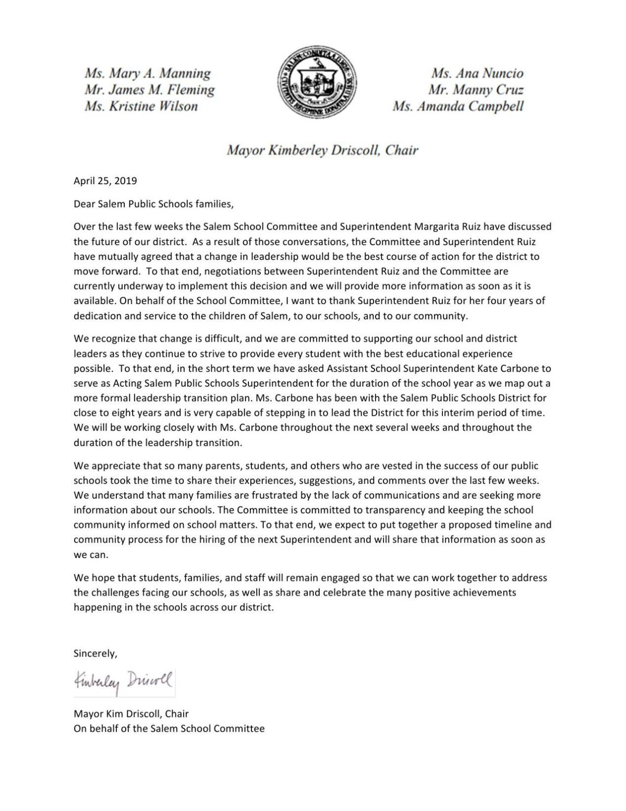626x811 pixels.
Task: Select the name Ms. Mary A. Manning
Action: (148, 73)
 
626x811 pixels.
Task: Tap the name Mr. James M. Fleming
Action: (150, 90)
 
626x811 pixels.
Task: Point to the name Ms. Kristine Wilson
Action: (141, 106)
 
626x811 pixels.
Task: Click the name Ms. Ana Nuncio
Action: (477, 73)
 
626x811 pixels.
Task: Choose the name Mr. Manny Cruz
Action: (476, 90)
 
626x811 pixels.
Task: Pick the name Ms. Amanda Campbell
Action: (458, 106)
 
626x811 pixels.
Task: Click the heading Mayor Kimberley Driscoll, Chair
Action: (322, 151)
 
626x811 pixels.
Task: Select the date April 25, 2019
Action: (105, 181)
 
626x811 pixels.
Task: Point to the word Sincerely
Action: (95, 653)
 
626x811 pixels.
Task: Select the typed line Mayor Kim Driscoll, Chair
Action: (131, 713)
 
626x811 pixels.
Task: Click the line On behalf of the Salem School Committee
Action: (169, 729)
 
